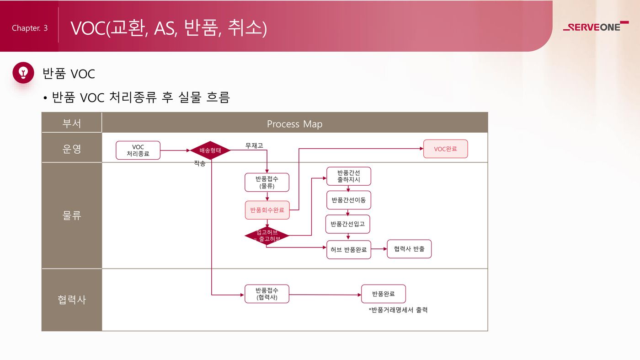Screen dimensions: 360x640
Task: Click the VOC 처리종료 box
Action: coord(138,150)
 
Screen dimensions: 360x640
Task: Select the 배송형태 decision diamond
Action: coord(210,150)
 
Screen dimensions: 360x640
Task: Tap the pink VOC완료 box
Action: coord(445,149)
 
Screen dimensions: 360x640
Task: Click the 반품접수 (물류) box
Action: coord(267,183)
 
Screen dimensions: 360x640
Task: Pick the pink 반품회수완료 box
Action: coord(267,210)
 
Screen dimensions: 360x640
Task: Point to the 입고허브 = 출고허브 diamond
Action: coord(267,236)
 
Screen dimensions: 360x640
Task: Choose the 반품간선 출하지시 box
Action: coord(348,176)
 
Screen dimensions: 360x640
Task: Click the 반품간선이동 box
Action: coord(348,200)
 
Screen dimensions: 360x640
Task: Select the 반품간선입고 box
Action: coord(348,224)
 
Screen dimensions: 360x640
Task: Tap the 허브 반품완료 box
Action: coord(348,250)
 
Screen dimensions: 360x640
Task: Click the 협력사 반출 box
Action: coord(409,249)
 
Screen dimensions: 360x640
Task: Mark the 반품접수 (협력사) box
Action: coord(267,294)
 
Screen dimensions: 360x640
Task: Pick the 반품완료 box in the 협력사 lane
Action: coord(383,294)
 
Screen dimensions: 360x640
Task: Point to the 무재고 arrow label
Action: coord(254,145)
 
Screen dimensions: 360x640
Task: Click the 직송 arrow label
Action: coord(200,163)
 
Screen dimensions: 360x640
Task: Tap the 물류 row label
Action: coord(72,215)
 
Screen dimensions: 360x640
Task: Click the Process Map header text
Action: coord(294,124)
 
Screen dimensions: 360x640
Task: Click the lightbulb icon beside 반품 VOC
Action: coord(23,72)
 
